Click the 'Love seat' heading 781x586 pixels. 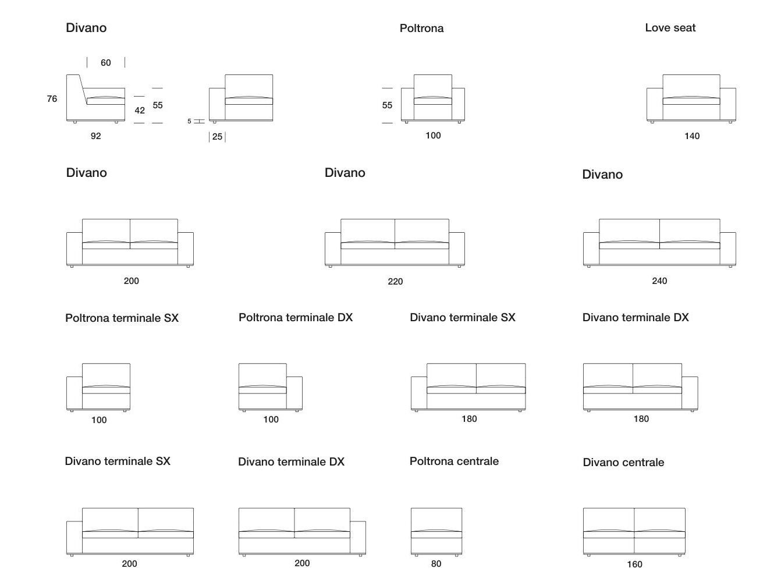(x=670, y=28)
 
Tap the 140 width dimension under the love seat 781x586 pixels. (x=691, y=136)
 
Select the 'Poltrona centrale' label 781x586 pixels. (x=454, y=461)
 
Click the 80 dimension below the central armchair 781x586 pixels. (x=436, y=564)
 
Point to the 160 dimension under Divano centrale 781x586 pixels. (x=634, y=564)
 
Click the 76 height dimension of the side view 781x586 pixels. (x=52, y=99)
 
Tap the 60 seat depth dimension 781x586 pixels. (x=105, y=63)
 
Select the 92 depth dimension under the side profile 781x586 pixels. (x=95, y=136)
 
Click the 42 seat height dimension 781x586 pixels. (x=140, y=111)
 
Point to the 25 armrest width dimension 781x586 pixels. (x=217, y=137)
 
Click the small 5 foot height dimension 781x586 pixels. (x=189, y=122)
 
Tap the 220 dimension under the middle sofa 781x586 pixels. (x=395, y=282)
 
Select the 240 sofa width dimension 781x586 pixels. (x=659, y=281)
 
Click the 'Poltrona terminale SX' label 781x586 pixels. (x=122, y=318)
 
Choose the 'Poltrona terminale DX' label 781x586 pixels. (x=296, y=318)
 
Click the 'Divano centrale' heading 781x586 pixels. (x=623, y=463)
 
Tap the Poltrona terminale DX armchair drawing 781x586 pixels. (x=270, y=387)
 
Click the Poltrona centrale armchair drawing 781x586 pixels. (x=436, y=531)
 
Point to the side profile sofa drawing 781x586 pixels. (x=95, y=98)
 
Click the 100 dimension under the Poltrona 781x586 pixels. (x=433, y=136)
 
